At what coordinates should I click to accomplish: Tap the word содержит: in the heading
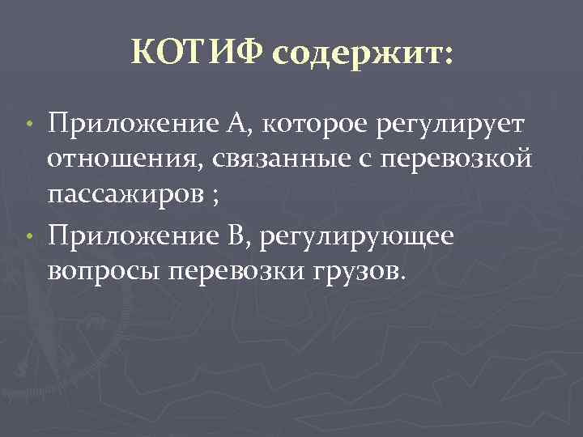pos(363,55)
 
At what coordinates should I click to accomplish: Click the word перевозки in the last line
pos(240,270)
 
